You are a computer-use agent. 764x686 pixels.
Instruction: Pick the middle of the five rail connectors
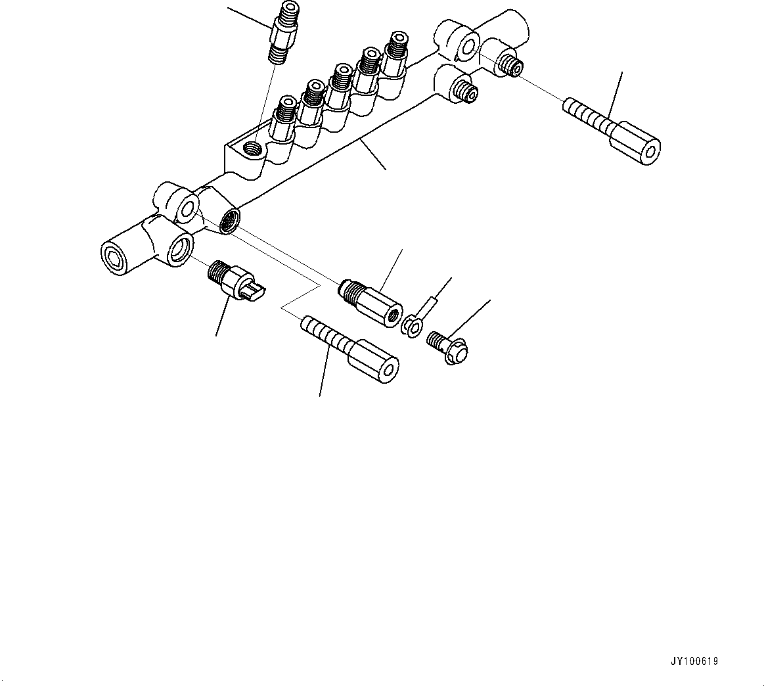coord(340,85)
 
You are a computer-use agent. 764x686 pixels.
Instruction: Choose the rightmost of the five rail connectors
coord(394,52)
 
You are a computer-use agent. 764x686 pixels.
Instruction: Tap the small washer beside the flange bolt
coord(411,326)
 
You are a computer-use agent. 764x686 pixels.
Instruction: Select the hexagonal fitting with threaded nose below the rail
coord(372,299)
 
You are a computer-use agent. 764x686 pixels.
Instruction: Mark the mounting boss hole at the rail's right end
coord(467,45)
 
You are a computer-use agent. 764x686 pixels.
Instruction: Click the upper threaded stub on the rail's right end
coord(509,64)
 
